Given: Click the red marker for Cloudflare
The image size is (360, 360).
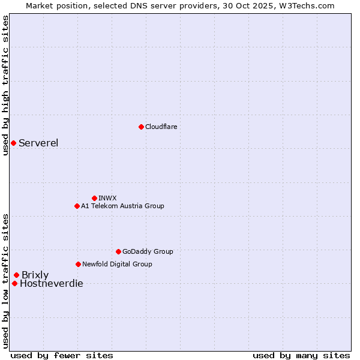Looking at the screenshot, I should (141, 127).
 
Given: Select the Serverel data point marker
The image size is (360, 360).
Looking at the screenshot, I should (13, 143).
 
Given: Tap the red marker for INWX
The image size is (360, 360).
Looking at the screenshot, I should (94, 198).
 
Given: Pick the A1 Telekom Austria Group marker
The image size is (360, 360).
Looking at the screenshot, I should (77, 206).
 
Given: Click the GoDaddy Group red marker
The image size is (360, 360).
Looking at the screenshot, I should (118, 251).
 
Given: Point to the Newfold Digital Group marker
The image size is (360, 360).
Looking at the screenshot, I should (78, 264).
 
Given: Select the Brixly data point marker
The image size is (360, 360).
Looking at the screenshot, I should (16, 275).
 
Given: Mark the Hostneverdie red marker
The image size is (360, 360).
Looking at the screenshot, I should (14, 283).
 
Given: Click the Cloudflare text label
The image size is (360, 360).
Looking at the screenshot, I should (161, 127).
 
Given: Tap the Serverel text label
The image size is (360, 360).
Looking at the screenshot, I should (38, 143).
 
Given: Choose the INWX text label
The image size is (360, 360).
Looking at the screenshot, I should (107, 198).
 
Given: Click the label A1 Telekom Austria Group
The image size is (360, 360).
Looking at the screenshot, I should (122, 206).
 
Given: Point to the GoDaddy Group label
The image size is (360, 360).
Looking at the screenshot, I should (148, 251).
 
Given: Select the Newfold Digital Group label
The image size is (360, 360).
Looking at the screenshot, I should (117, 264).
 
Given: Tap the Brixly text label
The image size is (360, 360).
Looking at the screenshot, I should (35, 275).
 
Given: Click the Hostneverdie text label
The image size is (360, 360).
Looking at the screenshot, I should (52, 283).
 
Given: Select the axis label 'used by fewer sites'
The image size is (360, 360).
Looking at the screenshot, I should (62, 355).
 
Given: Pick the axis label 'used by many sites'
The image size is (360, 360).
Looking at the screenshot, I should (301, 355).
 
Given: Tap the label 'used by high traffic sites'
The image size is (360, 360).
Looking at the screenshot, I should (5, 85).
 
